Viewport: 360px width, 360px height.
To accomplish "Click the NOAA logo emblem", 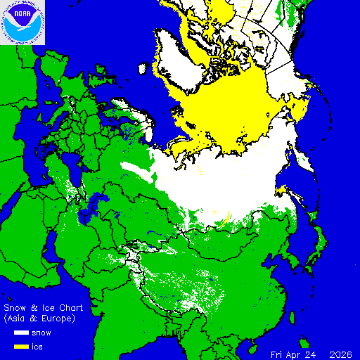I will pos(22,22).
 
